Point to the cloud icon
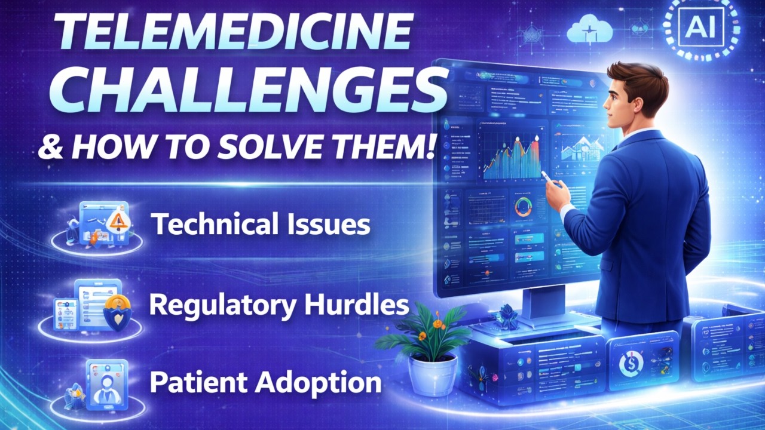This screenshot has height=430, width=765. pos(590,30)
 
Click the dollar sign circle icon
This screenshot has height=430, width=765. pos(632,361)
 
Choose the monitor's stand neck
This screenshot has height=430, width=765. pos(544,302)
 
